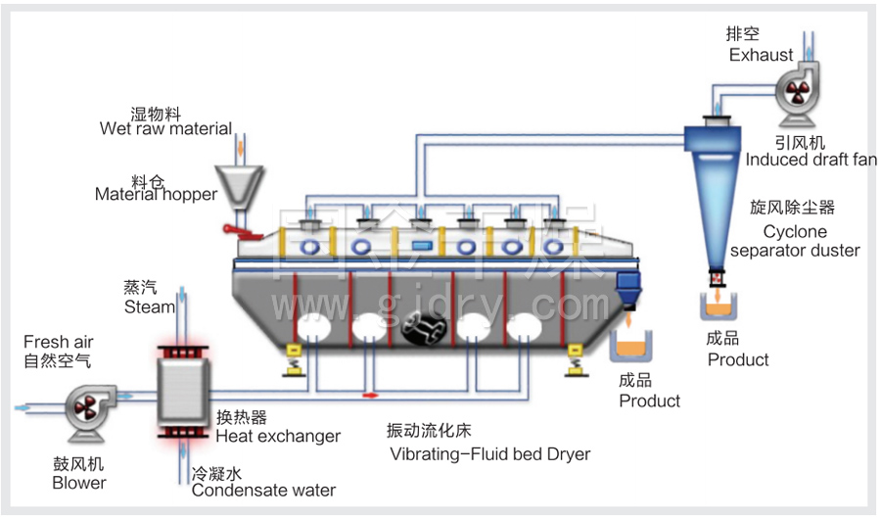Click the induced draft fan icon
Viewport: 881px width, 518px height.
(x=797, y=94)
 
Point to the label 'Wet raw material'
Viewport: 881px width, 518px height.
(x=165, y=128)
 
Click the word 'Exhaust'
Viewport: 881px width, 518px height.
(x=761, y=55)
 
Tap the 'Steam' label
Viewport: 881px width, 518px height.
(x=149, y=306)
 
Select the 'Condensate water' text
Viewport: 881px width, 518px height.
(x=263, y=490)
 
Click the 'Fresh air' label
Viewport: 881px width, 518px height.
(x=59, y=342)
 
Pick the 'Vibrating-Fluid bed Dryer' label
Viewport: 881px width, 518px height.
(x=489, y=454)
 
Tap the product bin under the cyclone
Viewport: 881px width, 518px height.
(x=718, y=306)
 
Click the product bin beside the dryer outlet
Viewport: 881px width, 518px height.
(x=634, y=345)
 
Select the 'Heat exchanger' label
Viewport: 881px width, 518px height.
(x=278, y=436)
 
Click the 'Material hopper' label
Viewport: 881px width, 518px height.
(x=156, y=194)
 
